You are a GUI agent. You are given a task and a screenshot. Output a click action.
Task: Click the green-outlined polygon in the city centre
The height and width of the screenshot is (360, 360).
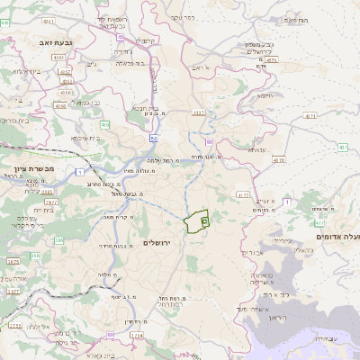(195, 220)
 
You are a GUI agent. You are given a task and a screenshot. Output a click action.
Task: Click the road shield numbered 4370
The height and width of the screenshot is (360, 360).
(278, 160)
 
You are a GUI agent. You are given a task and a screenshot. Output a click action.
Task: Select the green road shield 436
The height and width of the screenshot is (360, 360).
(106, 125)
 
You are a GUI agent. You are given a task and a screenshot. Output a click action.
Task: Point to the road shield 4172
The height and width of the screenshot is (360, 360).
(243, 194)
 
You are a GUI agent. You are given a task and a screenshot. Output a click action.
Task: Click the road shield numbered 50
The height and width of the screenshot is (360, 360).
(154, 139)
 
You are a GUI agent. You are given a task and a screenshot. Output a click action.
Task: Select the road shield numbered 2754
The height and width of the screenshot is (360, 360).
(136, 336)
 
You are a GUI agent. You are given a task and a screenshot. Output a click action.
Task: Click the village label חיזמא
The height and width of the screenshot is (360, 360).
(265, 94)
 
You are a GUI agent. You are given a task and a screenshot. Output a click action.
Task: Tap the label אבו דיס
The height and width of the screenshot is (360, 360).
(255, 254)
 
